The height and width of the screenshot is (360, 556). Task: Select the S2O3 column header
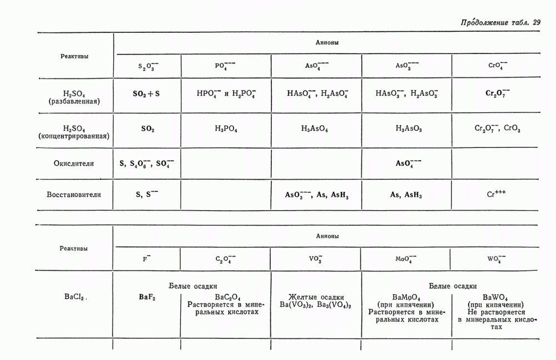(x=148, y=66)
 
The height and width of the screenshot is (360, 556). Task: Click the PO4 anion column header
(x=225, y=66)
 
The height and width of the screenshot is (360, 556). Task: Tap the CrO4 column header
(x=497, y=65)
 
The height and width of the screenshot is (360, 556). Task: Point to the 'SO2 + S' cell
(x=146, y=94)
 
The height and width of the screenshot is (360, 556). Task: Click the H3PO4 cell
(x=226, y=129)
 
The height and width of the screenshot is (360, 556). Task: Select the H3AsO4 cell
(x=315, y=129)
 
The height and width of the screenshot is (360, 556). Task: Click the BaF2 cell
(x=147, y=297)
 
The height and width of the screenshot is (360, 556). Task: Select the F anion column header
(x=147, y=259)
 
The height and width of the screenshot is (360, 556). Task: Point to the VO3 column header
(x=315, y=259)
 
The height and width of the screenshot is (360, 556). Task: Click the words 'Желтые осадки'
(x=316, y=297)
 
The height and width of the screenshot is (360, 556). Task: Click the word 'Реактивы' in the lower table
(x=74, y=249)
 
